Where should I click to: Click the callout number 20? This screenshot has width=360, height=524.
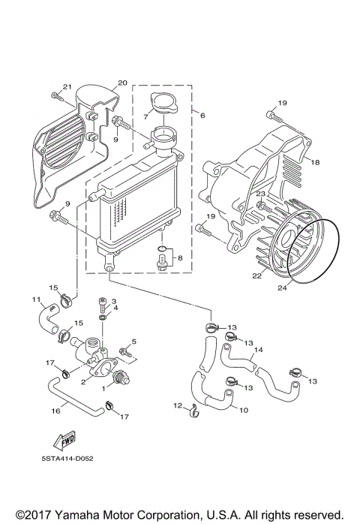(x=123, y=83)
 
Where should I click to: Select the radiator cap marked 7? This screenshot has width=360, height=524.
(x=162, y=106)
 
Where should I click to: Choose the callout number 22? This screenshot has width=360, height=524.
(x=256, y=276)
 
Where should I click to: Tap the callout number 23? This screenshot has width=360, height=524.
(x=260, y=194)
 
